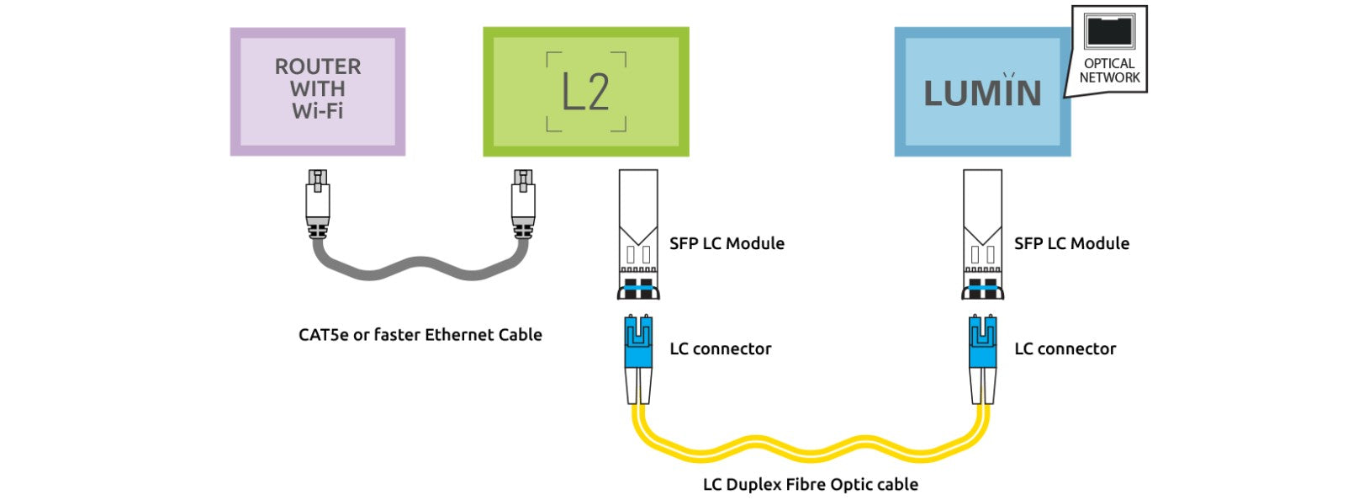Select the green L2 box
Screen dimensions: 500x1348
585,92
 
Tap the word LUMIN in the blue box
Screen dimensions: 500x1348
982,93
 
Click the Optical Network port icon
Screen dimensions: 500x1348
1109,31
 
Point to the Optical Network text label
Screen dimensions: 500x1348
1109,71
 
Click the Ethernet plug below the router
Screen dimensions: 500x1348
317,202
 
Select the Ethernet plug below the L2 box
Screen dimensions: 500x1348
522,202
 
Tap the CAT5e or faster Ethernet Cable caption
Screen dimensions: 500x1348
420,335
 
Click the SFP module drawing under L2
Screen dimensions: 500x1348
638,236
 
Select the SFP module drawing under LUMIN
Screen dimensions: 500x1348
982,236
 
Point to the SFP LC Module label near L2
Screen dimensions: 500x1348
727,244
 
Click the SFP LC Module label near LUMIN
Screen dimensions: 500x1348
1071,244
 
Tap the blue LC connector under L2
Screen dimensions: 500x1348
638,343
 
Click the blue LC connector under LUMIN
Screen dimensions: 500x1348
982,343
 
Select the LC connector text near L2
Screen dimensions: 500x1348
720,349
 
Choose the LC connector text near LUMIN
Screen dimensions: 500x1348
1065,349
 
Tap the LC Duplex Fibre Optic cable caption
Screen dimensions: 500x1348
810,485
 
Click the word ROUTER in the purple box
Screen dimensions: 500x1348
317,66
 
